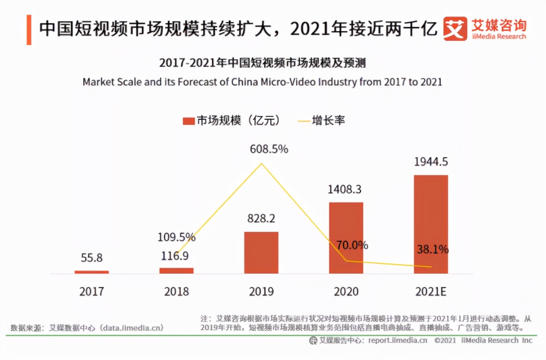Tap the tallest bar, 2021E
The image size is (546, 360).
[x=431, y=224]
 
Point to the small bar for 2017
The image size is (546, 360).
[x=92, y=272]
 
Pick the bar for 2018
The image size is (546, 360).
[x=176, y=270]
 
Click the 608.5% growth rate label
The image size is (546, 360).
[x=269, y=149]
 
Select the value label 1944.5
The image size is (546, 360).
[x=431, y=162]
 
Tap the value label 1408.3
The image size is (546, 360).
[x=346, y=189]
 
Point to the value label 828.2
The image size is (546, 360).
[x=261, y=219]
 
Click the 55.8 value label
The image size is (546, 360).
[x=92, y=258]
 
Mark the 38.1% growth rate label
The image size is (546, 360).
[x=432, y=250]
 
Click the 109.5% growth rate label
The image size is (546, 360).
[x=176, y=237]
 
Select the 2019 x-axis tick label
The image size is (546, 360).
[x=261, y=291]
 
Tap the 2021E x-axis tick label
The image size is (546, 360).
[x=431, y=291]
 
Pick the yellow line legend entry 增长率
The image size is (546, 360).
[x=321, y=121]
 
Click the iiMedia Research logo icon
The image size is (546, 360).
[x=455, y=29]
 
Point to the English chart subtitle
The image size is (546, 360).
[x=262, y=82]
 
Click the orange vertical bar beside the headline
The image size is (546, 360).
[x=29, y=30]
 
